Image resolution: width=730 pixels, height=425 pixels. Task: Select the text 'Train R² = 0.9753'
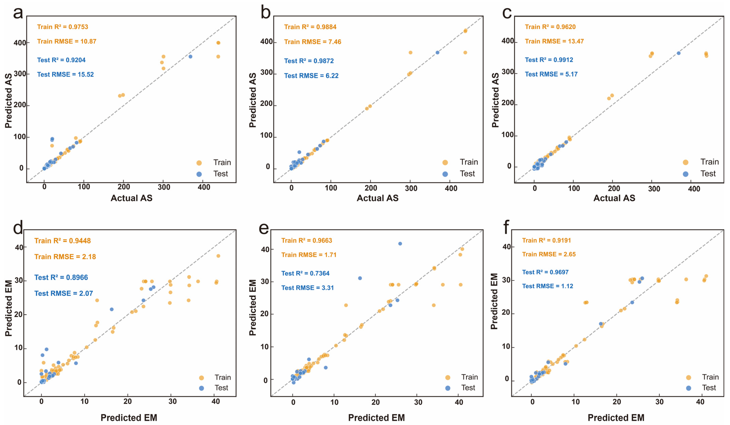tap(63, 27)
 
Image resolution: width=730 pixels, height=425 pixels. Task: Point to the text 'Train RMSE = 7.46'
tap(313, 42)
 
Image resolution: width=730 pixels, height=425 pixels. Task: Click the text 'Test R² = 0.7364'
tap(305, 273)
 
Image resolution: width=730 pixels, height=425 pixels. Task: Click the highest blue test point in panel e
tap(400, 244)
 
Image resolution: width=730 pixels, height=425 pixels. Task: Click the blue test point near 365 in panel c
tap(678, 53)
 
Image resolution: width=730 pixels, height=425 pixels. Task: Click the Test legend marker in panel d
tap(201, 388)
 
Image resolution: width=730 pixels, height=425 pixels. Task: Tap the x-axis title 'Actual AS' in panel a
tap(132, 198)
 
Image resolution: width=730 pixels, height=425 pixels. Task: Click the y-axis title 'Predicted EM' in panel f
tap(494, 301)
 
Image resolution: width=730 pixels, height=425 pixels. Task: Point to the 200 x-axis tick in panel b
tap(371, 188)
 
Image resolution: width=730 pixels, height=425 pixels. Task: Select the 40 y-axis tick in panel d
tap(19, 248)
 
